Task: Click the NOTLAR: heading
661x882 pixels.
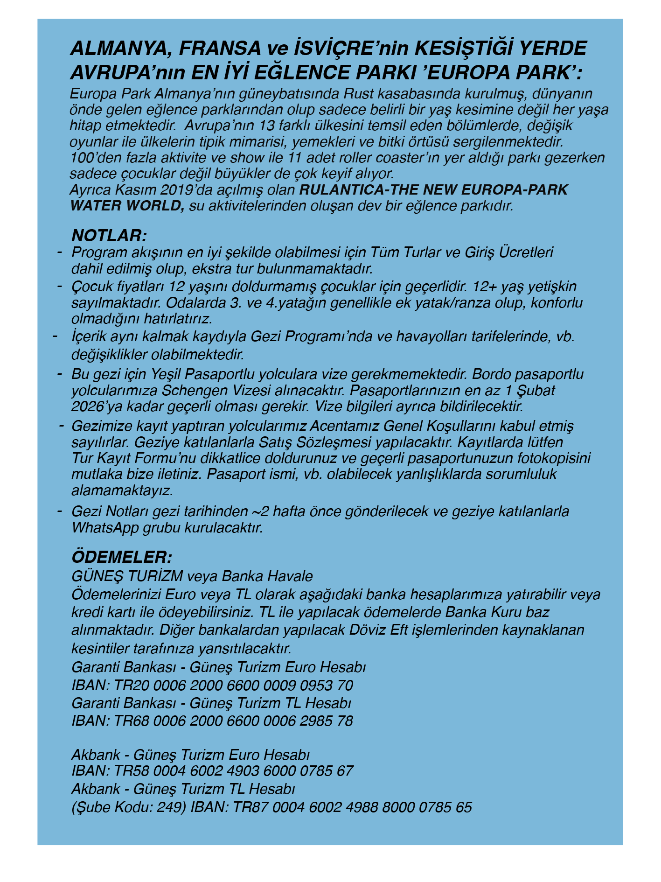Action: [109, 235]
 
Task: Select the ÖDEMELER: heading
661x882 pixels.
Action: [122, 557]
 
